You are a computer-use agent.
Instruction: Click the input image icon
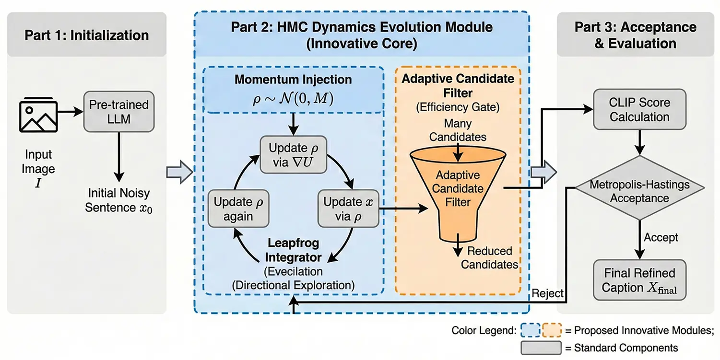pyautogui.click(x=38, y=115)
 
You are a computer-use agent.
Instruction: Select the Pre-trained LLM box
pyautogui.click(x=119, y=111)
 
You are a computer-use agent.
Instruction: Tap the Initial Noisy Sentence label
pyautogui.click(x=118, y=200)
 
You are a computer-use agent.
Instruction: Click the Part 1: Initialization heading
pyautogui.click(x=87, y=35)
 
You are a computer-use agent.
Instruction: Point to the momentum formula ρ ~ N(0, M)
pyautogui.click(x=293, y=98)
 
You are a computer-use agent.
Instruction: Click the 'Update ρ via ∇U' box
pyautogui.click(x=293, y=154)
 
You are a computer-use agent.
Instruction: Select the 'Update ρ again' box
pyautogui.click(x=238, y=209)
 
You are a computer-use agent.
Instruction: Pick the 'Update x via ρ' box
pyautogui.click(x=348, y=209)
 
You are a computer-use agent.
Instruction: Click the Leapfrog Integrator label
pyautogui.click(x=293, y=250)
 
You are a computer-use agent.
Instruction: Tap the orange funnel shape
pyautogui.click(x=458, y=193)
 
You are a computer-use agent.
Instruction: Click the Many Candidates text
pyautogui.click(x=458, y=130)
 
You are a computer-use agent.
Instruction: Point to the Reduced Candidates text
pyautogui.click(x=489, y=257)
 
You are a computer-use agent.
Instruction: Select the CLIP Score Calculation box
pyautogui.click(x=639, y=109)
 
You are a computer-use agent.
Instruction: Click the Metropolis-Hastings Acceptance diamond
pyautogui.click(x=639, y=188)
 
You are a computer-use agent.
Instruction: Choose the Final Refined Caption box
pyautogui.click(x=639, y=280)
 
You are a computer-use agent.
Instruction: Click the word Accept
pyautogui.click(x=661, y=237)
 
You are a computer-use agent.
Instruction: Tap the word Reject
pyautogui.click(x=547, y=293)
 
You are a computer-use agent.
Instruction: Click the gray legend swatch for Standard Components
pyautogui.click(x=541, y=348)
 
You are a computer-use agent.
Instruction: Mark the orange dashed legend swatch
pyautogui.click(x=552, y=330)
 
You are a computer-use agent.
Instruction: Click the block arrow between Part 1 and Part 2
pyautogui.click(x=180, y=172)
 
